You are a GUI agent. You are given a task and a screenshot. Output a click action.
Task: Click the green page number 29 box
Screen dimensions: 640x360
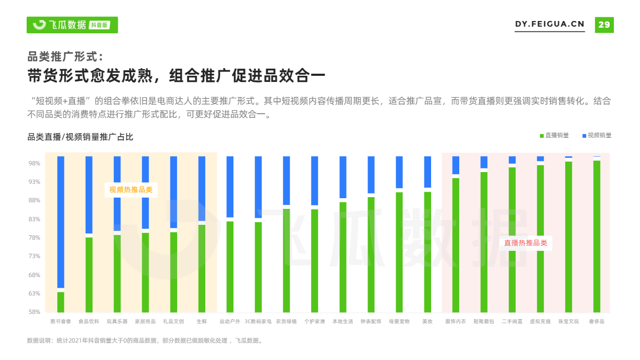point(604,25)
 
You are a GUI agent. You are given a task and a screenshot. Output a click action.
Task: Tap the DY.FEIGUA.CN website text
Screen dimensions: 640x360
point(549,24)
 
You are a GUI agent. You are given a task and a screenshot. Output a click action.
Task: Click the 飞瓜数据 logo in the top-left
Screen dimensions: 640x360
point(72,25)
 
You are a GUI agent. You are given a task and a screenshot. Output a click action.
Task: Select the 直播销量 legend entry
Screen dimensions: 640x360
point(554,135)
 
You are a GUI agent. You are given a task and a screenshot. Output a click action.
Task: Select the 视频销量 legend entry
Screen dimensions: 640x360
point(597,135)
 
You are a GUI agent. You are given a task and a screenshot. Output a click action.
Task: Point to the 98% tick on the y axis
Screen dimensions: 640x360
point(34,163)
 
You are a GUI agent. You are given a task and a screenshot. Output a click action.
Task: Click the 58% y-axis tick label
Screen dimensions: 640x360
point(34,312)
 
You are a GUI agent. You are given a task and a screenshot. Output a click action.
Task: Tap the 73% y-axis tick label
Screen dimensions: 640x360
point(34,256)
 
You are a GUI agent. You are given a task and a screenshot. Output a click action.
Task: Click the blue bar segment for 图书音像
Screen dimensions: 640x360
point(60,222)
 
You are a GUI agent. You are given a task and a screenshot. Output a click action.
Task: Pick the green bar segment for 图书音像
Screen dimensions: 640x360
point(60,302)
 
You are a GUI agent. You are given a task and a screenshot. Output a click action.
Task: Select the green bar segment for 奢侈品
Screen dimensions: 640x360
point(596,236)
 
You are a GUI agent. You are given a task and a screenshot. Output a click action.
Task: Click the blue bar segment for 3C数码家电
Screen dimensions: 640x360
point(258,187)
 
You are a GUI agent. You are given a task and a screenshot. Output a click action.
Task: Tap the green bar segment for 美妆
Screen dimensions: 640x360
point(428,252)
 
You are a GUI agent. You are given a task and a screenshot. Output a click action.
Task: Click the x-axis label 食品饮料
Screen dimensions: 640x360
point(89,322)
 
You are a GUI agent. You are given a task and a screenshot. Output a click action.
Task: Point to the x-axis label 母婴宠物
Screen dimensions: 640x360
point(399,322)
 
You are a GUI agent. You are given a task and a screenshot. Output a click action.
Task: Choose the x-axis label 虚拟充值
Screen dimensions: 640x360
point(540,322)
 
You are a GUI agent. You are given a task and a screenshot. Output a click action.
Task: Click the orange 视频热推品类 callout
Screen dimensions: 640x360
point(131,189)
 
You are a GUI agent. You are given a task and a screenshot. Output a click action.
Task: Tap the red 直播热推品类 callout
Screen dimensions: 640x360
point(525,243)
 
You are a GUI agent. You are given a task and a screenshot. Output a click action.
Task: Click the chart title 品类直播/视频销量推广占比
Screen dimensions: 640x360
point(80,137)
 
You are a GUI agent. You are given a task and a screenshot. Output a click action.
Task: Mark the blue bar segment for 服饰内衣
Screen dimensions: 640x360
point(456,165)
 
